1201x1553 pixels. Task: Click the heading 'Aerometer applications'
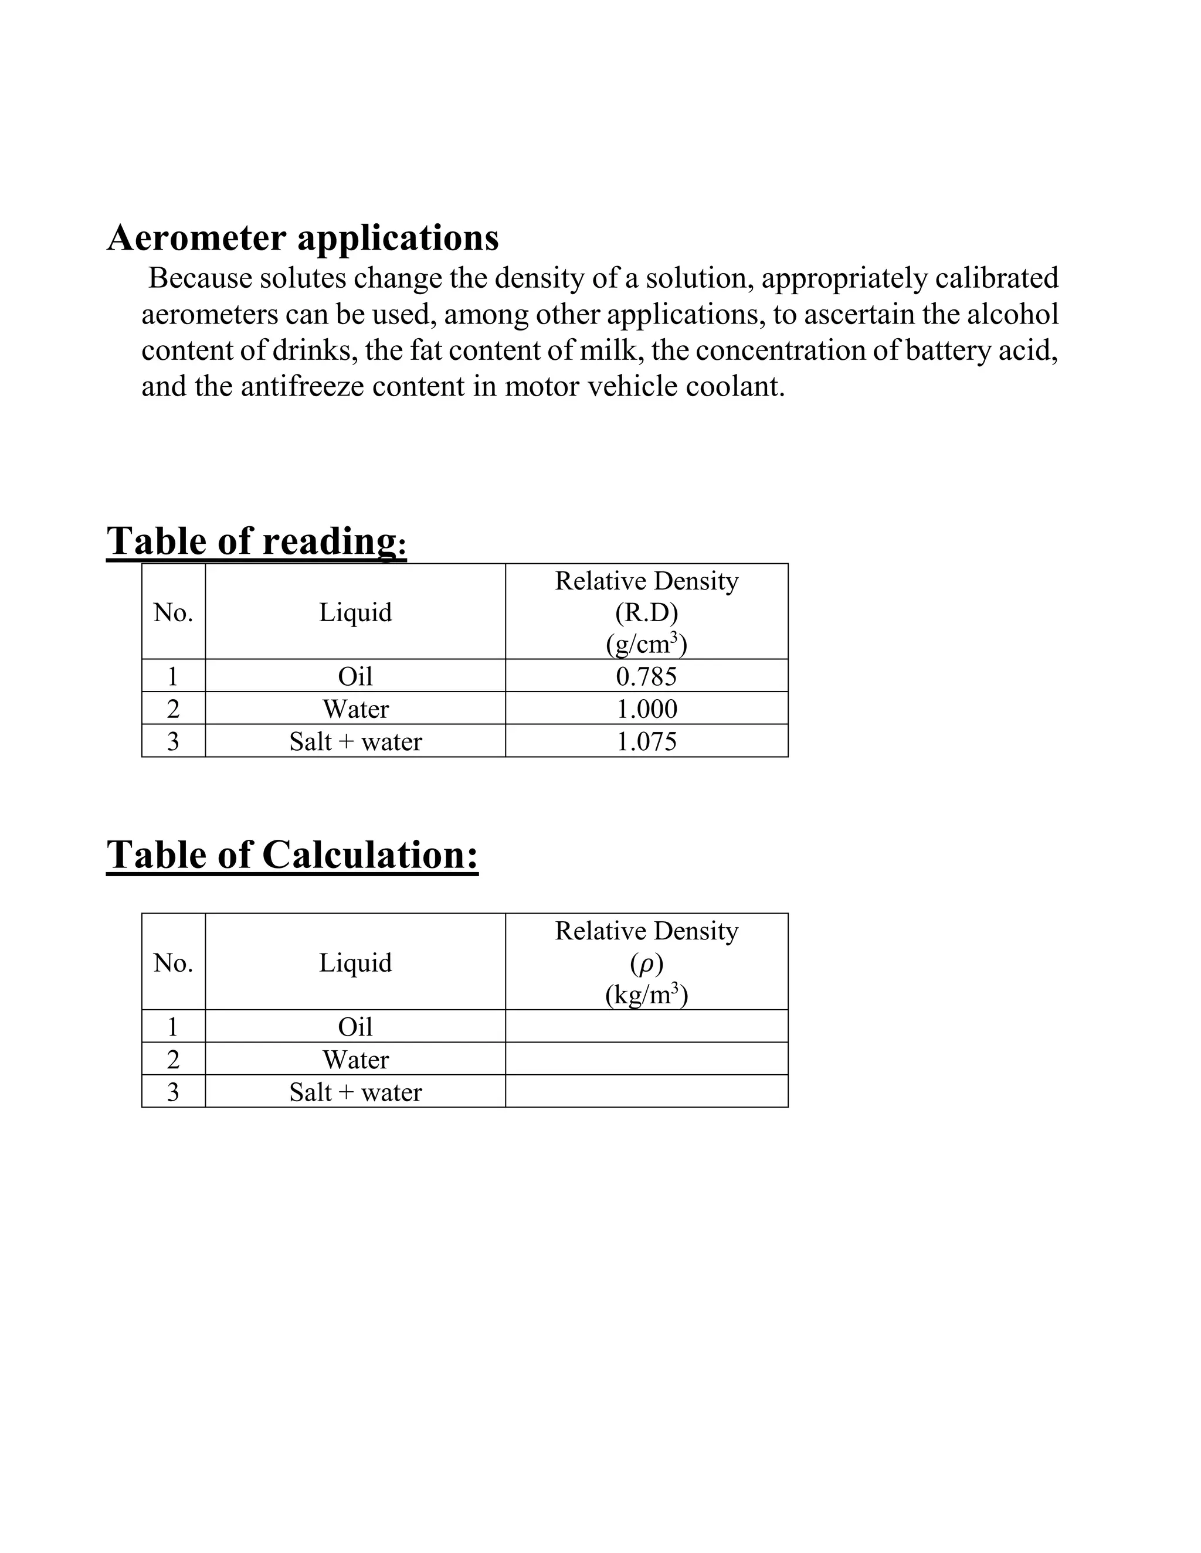(x=303, y=237)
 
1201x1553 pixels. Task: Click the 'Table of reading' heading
(x=256, y=541)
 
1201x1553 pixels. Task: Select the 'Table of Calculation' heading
(x=291, y=854)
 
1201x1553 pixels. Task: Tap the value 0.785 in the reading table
(x=646, y=676)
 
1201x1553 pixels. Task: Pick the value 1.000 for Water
(x=646, y=709)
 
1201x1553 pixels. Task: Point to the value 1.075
(x=646, y=742)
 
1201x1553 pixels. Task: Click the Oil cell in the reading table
(x=355, y=676)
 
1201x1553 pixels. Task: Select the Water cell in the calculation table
(x=355, y=1060)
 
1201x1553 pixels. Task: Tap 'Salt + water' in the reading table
(x=355, y=742)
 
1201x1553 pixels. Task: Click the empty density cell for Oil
(x=646, y=1026)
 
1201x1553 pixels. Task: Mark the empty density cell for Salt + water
(x=646, y=1092)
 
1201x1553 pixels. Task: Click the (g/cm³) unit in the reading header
(x=646, y=643)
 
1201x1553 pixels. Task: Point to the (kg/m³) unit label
(x=646, y=994)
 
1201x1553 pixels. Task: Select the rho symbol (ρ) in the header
(x=646, y=963)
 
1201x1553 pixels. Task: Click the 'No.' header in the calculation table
(x=173, y=963)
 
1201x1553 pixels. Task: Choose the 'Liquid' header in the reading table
(x=355, y=612)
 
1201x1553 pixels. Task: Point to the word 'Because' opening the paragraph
(x=199, y=278)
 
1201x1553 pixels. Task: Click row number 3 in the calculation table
(x=173, y=1092)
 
